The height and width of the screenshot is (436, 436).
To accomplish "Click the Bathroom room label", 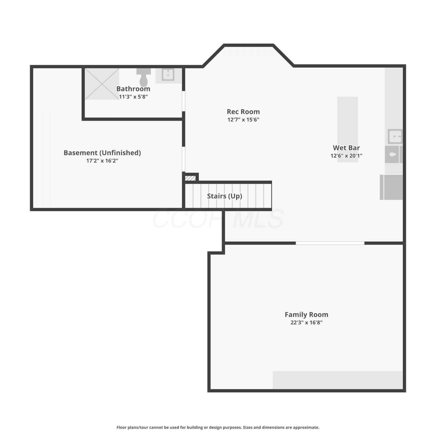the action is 133,89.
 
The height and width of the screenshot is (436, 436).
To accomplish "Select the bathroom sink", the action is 168,75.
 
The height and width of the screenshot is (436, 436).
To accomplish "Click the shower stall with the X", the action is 102,84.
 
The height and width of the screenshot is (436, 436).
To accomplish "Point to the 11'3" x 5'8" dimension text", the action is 133,97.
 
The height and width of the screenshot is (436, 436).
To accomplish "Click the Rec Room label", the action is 243,112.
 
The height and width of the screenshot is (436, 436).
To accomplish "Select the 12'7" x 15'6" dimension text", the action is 243,119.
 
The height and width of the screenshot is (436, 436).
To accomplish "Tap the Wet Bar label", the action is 346,148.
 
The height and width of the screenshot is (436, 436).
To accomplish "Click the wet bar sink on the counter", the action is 395,136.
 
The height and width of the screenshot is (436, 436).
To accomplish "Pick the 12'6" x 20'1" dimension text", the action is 346,156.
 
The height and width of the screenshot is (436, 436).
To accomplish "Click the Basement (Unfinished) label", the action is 102,153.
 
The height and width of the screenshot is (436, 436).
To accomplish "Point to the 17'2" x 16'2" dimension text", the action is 102,160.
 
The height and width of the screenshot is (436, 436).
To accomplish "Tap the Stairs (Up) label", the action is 224,196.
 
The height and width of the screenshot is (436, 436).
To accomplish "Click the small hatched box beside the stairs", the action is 190,178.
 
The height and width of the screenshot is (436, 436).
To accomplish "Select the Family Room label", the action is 306,315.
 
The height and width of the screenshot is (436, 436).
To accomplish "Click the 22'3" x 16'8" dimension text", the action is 306,322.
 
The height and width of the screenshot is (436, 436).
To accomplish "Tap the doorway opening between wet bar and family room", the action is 330,243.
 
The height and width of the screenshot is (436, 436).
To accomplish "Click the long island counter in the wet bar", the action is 348,129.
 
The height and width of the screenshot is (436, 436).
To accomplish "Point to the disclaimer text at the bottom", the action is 218,427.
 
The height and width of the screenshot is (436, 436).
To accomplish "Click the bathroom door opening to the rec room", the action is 183,101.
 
